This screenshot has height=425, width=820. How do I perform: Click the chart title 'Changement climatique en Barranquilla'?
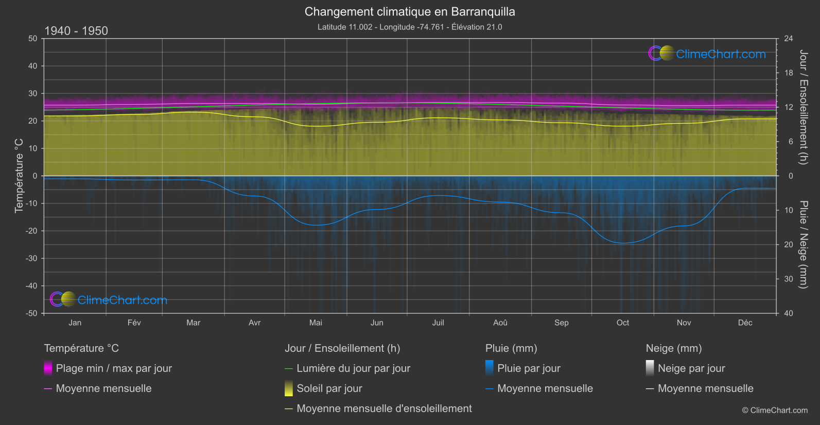[x=410, y=12]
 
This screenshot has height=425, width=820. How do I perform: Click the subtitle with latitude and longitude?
[x=410, y=27]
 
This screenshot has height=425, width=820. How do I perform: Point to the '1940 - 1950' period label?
[x=76, y=31]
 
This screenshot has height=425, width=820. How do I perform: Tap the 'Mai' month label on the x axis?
[x=316, y=322]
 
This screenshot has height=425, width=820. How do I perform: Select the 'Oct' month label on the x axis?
[x=622, y=322]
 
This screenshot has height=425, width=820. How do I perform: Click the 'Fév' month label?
[x=134, y=322]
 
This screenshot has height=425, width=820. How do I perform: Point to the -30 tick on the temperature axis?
[x=32, y=259]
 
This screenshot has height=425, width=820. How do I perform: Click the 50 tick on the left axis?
[x=33, y=39]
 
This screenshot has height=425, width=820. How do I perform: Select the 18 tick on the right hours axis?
[x=789, y=73]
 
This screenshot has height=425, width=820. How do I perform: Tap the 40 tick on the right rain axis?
[x=789, y=313]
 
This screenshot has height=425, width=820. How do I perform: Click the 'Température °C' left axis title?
[x=19, y=176]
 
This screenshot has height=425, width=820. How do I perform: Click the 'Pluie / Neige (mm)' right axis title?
[x=803, y=245]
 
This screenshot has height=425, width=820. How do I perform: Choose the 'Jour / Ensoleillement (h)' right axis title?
[x=803, y=107]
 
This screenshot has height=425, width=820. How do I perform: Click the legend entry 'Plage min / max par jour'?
[x=114, y=368]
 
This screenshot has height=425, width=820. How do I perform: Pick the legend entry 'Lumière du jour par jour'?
[x=353, y=368]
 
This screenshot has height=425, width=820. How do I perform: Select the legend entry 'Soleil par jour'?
[x=329, y=388]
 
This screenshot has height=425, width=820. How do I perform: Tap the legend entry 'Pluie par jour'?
[x=529, y=368]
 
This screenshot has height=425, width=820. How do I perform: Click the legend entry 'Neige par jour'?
[x=691, y=368]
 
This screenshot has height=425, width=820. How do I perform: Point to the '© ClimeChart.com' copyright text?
[x=775, y=411]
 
